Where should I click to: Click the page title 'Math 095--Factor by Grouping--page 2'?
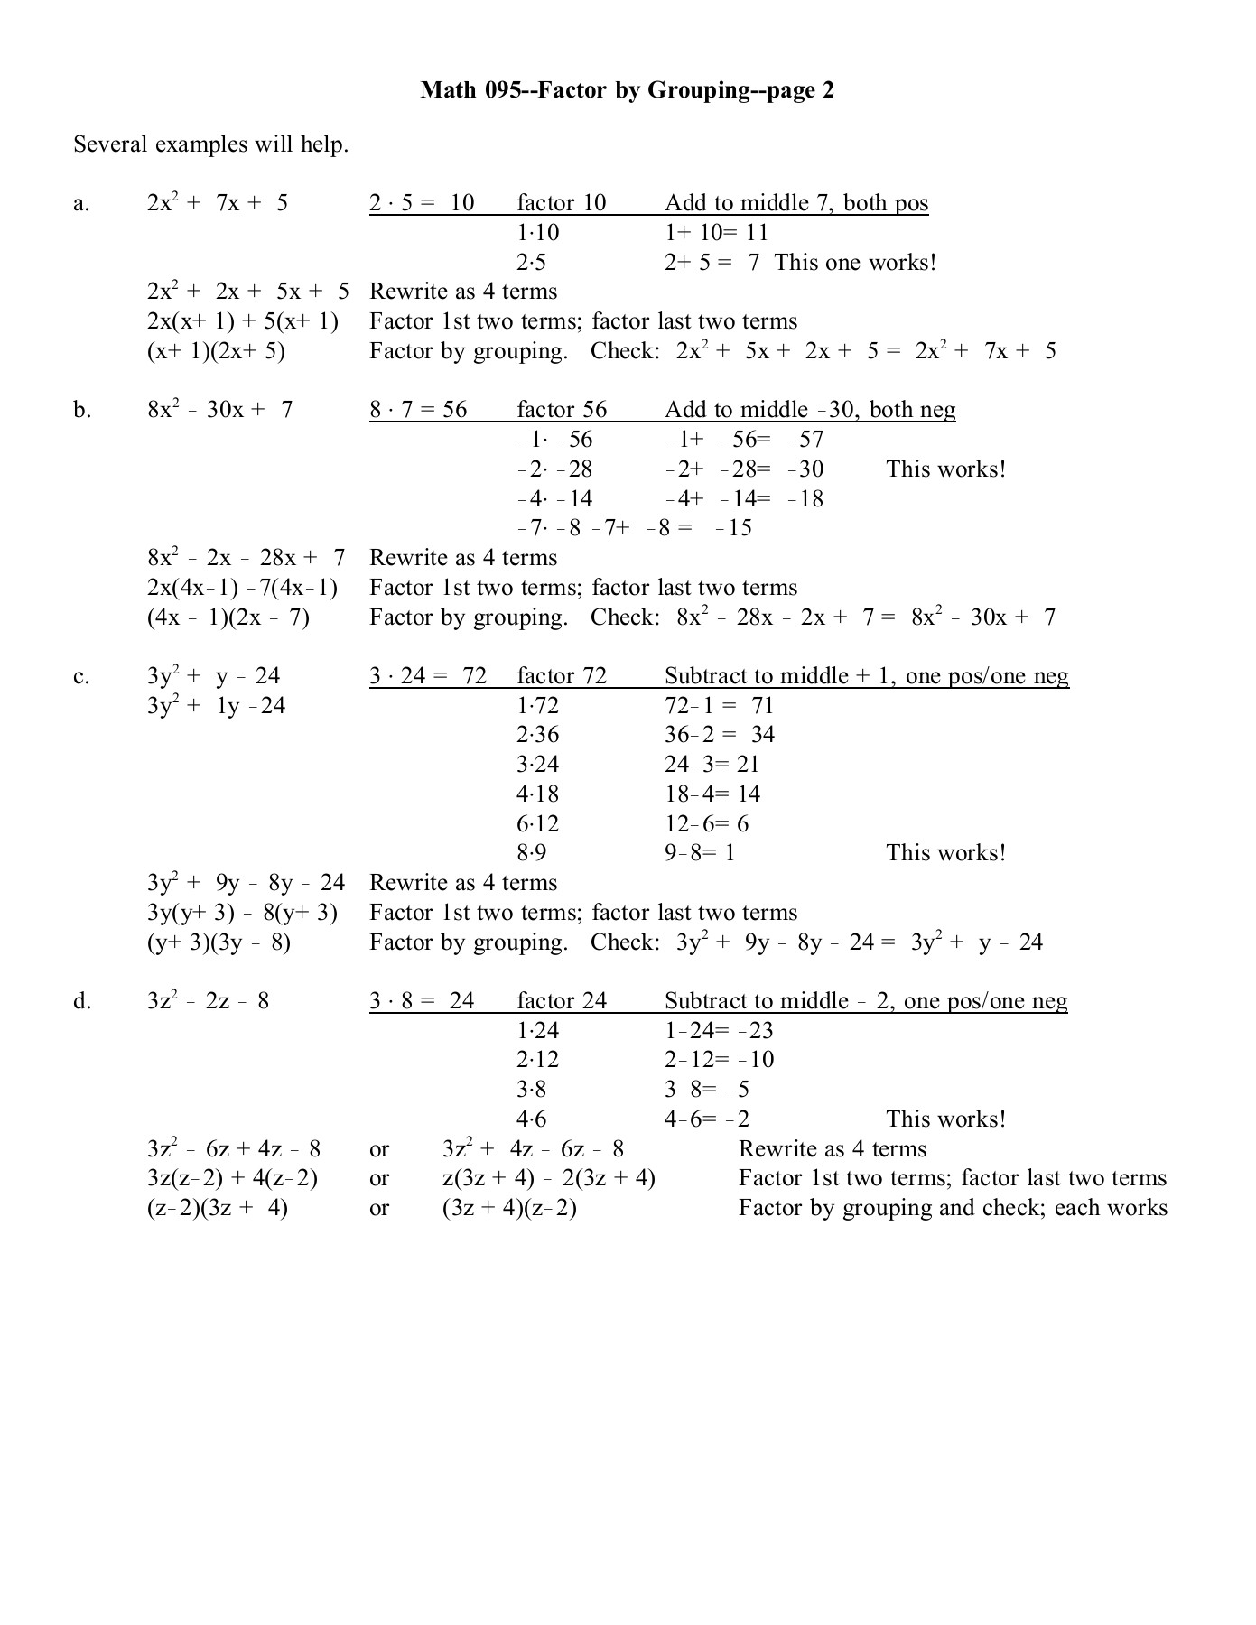coord(627,90)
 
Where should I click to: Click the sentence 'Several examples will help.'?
coord(210,144)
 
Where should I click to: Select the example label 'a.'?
coord(81,203)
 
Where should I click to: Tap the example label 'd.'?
coord(82,1001)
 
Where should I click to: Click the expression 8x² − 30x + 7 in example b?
coord(219,410)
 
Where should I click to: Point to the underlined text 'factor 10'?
coord(561,203)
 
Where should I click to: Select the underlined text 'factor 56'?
coord(562,410)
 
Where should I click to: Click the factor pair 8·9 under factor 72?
coord(531,853)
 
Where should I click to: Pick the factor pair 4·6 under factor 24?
coord(531,1119)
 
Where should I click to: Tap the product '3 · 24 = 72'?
coord(428,676)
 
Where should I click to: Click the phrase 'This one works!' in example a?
coord(854,263)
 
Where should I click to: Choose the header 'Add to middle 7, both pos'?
coord(795,203)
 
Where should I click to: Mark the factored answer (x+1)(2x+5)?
coord(216,351)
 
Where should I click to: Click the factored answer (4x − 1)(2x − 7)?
coord(228,617)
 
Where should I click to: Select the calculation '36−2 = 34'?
coord(719,735)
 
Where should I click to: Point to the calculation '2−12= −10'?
coord(719,1060)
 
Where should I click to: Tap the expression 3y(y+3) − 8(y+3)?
coord(242,913)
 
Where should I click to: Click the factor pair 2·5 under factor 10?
coord(531,263)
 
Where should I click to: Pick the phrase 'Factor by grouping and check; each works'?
coord(953,1208)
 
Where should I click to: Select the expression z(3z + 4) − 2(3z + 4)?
coord(548,1178)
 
